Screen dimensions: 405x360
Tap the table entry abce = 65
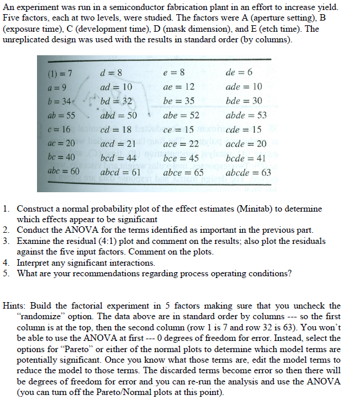click(x=183, y=173)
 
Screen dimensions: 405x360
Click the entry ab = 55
click(x=60, y=115)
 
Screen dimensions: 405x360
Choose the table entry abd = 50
click(x=118, y=115)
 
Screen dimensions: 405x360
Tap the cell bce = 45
click(x=180, y=158)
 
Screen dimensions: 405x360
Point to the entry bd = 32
click(x=116, y=101)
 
